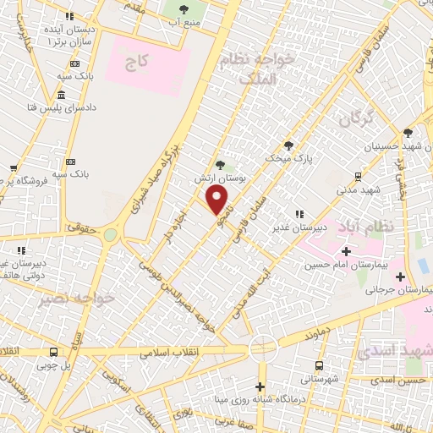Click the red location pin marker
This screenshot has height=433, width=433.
217,200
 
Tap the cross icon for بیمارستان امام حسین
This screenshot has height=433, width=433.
345,251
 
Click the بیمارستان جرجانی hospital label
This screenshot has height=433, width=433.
398,289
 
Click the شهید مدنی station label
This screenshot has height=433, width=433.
359,191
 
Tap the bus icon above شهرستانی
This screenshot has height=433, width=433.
319,365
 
